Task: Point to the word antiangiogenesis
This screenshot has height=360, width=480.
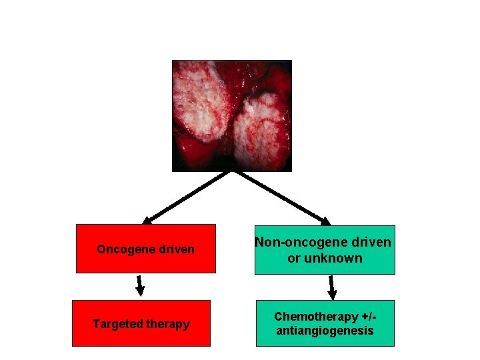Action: pos(325,331)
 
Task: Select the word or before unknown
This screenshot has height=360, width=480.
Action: pos(293,259)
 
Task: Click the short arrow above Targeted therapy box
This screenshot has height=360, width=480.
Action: pos(139,285)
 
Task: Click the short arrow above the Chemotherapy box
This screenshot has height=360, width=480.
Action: pos(331,287)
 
